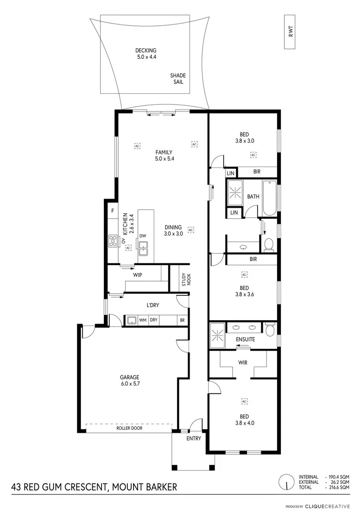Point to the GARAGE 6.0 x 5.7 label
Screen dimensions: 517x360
click(130, 380)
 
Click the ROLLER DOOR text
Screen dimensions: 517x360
click(129, 428)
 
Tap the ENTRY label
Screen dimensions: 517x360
click(193, 438)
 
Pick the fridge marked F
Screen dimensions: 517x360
click(112, 211)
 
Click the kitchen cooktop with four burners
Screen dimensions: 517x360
click(113, 240)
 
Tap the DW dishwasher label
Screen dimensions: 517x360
click(143, 236)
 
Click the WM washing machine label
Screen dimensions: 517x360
click(143, 320)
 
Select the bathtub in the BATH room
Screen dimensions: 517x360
click(269, 198)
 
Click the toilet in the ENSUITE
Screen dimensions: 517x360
click(270, 329)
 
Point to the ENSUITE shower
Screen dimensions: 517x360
click(217, 335)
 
